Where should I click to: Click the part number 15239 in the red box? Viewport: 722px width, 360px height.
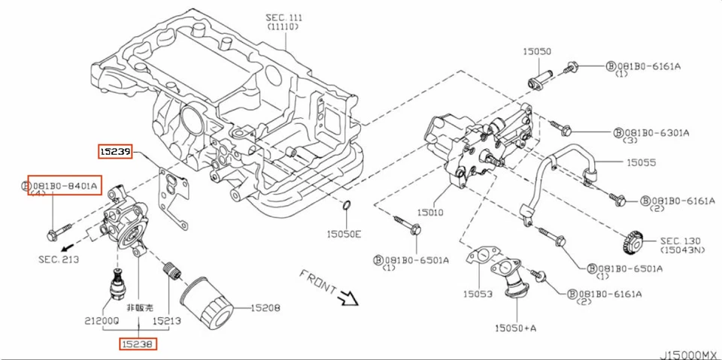[116, 152]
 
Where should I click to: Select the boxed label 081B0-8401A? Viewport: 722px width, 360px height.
[64, 184]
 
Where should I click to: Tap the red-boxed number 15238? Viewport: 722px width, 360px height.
[140, 344]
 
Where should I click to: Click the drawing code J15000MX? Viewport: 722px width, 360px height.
[687, 353]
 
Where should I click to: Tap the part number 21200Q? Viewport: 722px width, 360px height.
[101, 320]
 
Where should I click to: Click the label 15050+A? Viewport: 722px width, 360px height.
[516, 328]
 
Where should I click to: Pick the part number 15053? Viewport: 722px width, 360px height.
[477, 293]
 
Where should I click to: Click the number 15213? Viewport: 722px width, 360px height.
[167, 320]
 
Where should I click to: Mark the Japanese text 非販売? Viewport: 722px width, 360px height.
[140, 307]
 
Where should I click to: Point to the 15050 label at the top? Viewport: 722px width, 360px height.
[538, 51]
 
